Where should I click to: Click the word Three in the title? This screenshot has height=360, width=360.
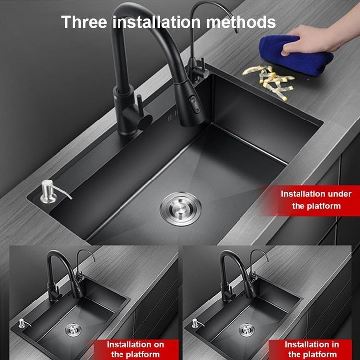(x=84, y=22)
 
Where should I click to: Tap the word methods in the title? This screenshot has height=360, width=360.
(x=241, y=22)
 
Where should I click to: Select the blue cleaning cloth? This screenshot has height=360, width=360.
(x=296, y=55)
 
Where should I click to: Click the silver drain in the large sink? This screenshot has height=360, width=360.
(x=180, y=209)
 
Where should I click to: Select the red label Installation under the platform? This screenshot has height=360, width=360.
(x=316, y=200)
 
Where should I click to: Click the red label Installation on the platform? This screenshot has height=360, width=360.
(x=135, y=349)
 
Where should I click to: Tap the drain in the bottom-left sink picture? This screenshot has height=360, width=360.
(x=73, y=330)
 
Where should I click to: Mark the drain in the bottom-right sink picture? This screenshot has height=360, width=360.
(x=246, y=330)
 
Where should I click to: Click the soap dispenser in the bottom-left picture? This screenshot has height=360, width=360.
(x=22, y=323)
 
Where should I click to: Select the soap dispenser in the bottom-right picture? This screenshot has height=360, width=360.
(x=196, y=323)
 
